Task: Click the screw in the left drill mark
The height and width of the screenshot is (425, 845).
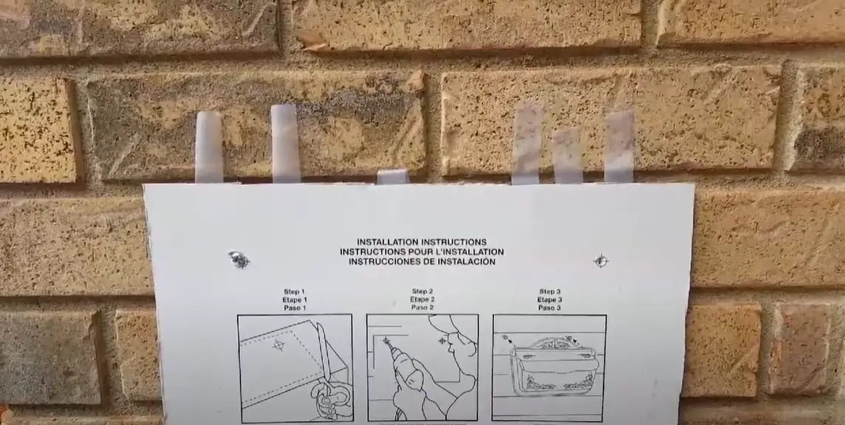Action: [x=239, y=259]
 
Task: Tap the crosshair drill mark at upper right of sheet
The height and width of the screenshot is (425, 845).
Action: [x=601, y=260]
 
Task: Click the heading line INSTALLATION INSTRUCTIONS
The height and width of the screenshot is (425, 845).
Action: [x=421, y=242]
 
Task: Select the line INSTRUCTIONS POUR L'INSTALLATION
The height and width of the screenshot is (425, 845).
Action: [x=421, y=252]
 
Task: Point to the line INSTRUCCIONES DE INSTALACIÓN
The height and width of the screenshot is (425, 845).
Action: [x=421, y=261]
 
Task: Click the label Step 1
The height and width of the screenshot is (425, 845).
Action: [x=295, y=291]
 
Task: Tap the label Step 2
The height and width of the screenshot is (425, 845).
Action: [x=422, y=291]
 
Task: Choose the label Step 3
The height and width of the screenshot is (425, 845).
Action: [x=550, y=291]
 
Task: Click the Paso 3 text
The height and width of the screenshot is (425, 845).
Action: [x=550, y=308]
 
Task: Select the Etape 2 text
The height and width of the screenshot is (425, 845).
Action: [x=422, y=300]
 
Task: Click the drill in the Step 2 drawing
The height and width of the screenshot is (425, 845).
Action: [x=403, y=369]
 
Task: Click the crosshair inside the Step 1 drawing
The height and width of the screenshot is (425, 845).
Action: [x=278, y=345]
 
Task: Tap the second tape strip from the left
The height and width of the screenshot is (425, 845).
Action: [x=285, y=143]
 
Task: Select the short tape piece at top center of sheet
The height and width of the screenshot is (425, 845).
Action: [x=392, y=176]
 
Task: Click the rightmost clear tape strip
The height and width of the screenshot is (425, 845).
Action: [x=619, y=146]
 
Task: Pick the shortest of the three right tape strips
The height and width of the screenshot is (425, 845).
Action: [x=567, y=156]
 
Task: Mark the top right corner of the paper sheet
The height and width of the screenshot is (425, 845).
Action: [x=692, y=185]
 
